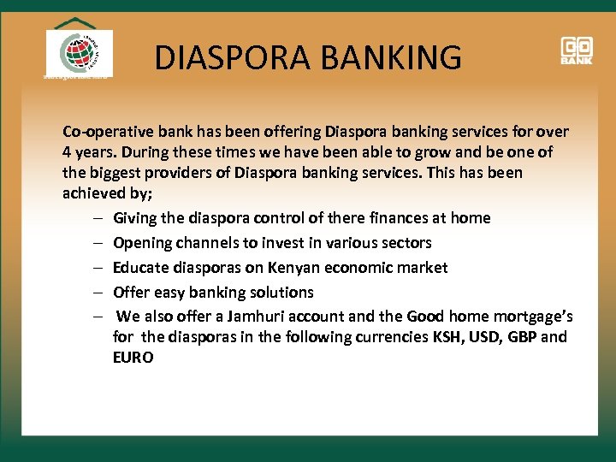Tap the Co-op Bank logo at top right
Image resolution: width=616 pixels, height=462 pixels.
[577, 50]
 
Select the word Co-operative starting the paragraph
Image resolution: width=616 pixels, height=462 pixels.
[105, 132]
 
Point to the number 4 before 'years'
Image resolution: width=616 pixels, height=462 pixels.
[68, 152]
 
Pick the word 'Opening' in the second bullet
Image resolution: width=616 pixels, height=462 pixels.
[143, 243]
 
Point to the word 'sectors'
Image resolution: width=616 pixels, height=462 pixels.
[403, 243]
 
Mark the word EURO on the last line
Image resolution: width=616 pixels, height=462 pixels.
[133, 358]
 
